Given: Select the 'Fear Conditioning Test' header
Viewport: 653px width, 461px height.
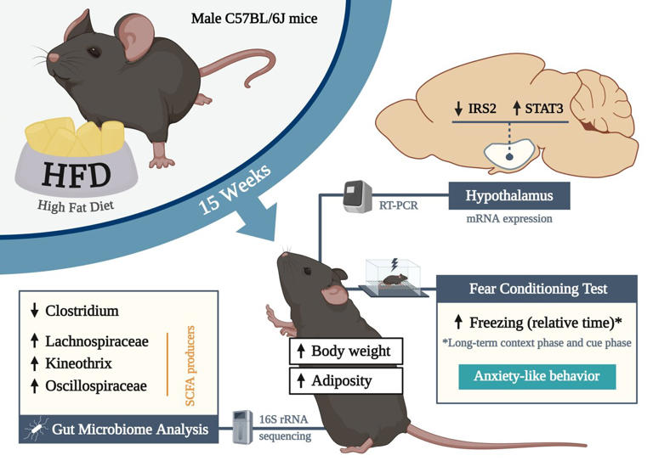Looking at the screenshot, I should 537,289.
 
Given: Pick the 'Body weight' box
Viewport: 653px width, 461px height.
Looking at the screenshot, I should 344,351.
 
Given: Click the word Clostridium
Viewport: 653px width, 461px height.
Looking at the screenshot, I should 82,311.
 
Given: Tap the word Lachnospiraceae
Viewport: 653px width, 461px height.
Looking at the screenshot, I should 99,342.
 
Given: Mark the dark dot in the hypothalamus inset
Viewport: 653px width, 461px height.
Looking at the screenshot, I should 508,155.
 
